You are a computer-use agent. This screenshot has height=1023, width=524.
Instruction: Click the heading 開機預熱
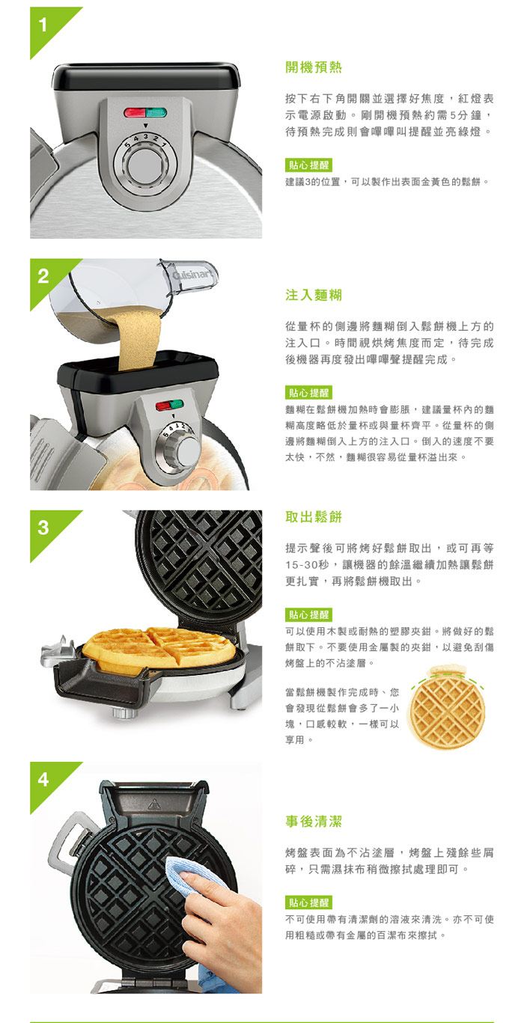click(x=314, y=67)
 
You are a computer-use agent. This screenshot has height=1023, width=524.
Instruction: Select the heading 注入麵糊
click(x=314, y=295)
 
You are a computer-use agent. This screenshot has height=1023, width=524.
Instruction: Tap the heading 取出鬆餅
click(x=314, y=517)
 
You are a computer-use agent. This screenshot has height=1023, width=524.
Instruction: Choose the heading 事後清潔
click(x=314, y=821)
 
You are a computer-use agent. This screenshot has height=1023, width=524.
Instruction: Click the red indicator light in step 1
click(x=135, y=112)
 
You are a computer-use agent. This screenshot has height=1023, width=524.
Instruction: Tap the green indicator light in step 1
click(x=156, y=112)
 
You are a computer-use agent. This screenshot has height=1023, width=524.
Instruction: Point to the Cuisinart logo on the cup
click(x=193, y=275)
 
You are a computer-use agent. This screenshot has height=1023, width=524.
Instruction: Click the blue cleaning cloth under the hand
click(x=183, y=875)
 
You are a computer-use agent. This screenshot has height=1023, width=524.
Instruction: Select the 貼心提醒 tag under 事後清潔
click(x=309, y=903)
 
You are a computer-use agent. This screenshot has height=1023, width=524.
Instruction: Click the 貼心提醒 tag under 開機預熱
click(x=309, y=165)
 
